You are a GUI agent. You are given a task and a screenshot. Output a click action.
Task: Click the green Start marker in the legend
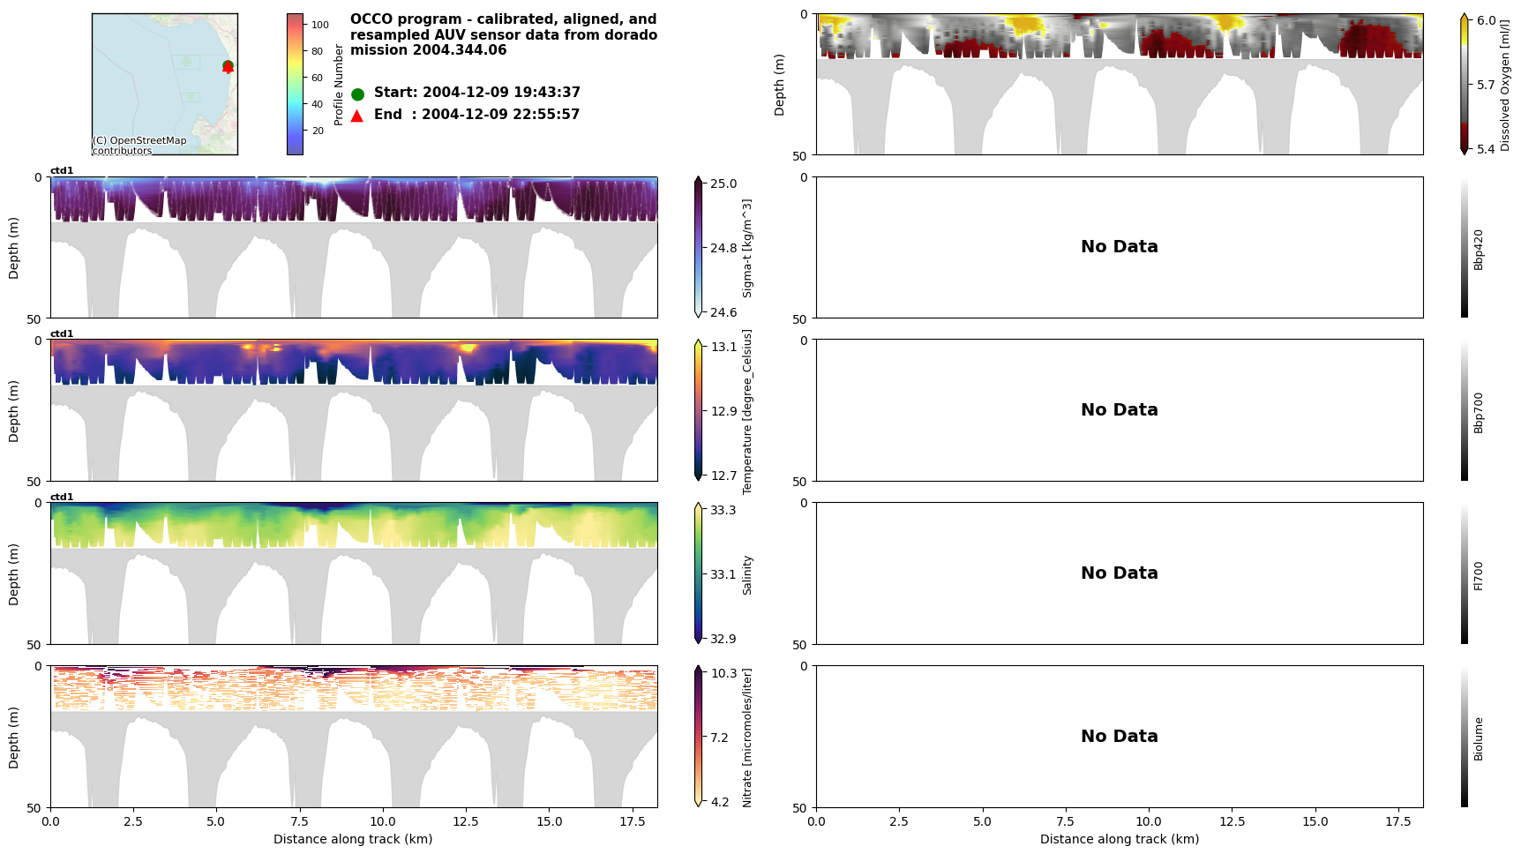(x=357, y=94)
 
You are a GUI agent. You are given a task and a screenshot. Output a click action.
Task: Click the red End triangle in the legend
(x=357, y=116)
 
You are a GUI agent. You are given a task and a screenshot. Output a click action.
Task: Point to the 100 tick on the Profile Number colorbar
(x=319, y=25)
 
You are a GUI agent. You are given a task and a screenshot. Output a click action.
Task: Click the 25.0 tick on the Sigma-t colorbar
(x=723, y=184)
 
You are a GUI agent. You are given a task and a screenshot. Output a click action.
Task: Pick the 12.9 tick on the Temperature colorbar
(x=723, y=411)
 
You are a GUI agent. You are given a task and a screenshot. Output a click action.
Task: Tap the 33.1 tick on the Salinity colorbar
(x=723, y=574)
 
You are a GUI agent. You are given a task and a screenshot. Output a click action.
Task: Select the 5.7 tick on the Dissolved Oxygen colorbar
(x=1487, y=86)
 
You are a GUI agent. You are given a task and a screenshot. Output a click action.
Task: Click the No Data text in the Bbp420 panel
(x=1119, y=247)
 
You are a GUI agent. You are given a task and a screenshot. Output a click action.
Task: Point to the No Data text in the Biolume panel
(x=1119, y=737)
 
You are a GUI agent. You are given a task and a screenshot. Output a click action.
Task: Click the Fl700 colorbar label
(x=1479, y=575)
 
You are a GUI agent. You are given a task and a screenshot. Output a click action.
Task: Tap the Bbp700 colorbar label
(x=1479, y=412)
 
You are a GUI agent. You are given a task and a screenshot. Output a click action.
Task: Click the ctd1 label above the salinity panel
(x=62, y=497)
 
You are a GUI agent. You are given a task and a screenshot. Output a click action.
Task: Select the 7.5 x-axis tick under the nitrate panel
(x=300, y=821)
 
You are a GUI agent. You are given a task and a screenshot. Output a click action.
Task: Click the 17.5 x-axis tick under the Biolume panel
(x=1398, y=821)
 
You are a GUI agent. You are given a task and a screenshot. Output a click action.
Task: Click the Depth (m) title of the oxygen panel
(x=780, y=85)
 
